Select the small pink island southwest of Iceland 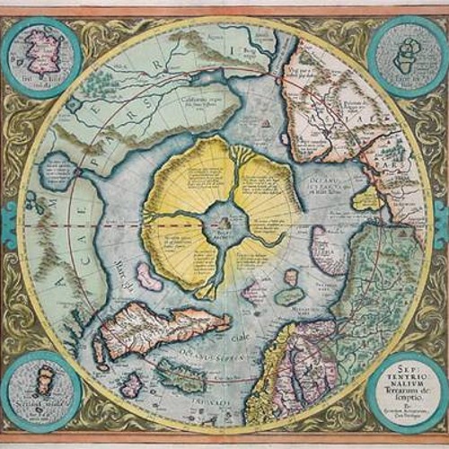133,385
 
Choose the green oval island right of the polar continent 289,295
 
